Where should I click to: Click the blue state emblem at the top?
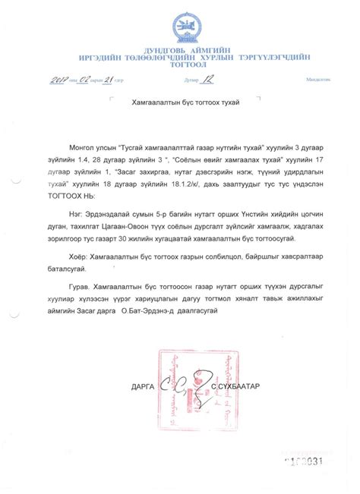click(x=181, y=23)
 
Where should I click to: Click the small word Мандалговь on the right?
click(x=317, y=80)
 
